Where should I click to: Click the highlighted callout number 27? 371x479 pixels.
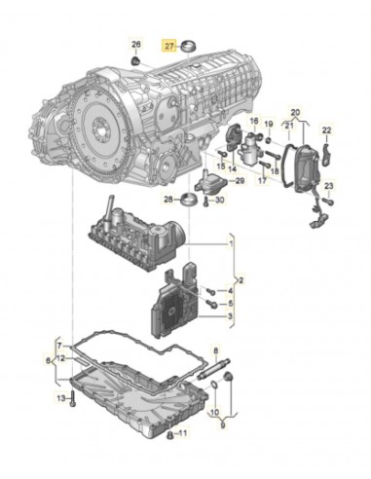coord(169,46)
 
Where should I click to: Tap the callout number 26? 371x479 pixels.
coord(136,46)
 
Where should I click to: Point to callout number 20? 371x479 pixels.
coord(296,112)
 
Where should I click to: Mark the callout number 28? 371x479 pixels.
coord(167,201)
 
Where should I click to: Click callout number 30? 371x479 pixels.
coord(218,201)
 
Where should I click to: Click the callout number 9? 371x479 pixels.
coord(224,424)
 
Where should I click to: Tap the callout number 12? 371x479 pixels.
coord(62,358)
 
